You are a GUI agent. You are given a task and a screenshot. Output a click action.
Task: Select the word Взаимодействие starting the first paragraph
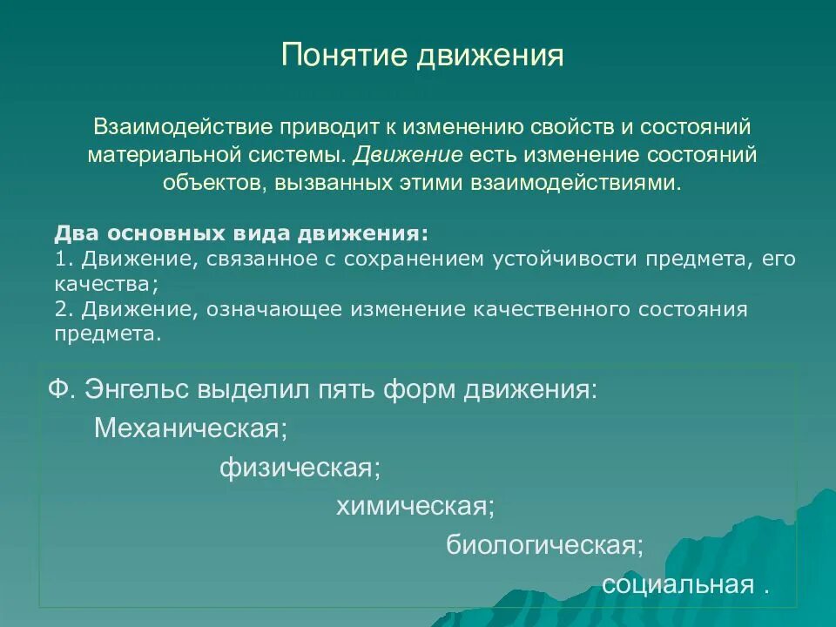point(184,126)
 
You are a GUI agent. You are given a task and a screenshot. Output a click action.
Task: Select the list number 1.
point(60,260)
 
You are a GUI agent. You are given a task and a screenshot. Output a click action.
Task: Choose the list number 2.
point(60,309)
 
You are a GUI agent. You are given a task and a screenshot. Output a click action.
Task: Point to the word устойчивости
point(546,260)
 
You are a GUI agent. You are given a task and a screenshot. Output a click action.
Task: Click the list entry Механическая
point(191,428)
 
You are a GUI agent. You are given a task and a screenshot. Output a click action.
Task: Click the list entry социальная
point(677,584)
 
